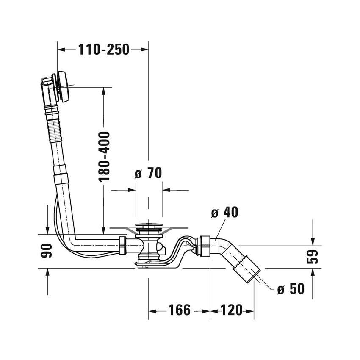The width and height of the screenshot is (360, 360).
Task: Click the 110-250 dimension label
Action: click(104, 50)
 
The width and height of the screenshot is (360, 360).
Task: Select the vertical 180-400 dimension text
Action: click(105, 157)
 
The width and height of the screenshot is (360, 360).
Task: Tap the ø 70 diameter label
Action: click(148, 173)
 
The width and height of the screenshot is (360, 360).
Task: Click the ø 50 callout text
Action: click(291, 288)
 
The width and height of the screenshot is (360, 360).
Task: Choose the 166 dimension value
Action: click(180, 310)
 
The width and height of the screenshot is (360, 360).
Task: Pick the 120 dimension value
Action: click(231, 310)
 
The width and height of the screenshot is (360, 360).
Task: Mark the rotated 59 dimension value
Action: click(312, 257)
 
